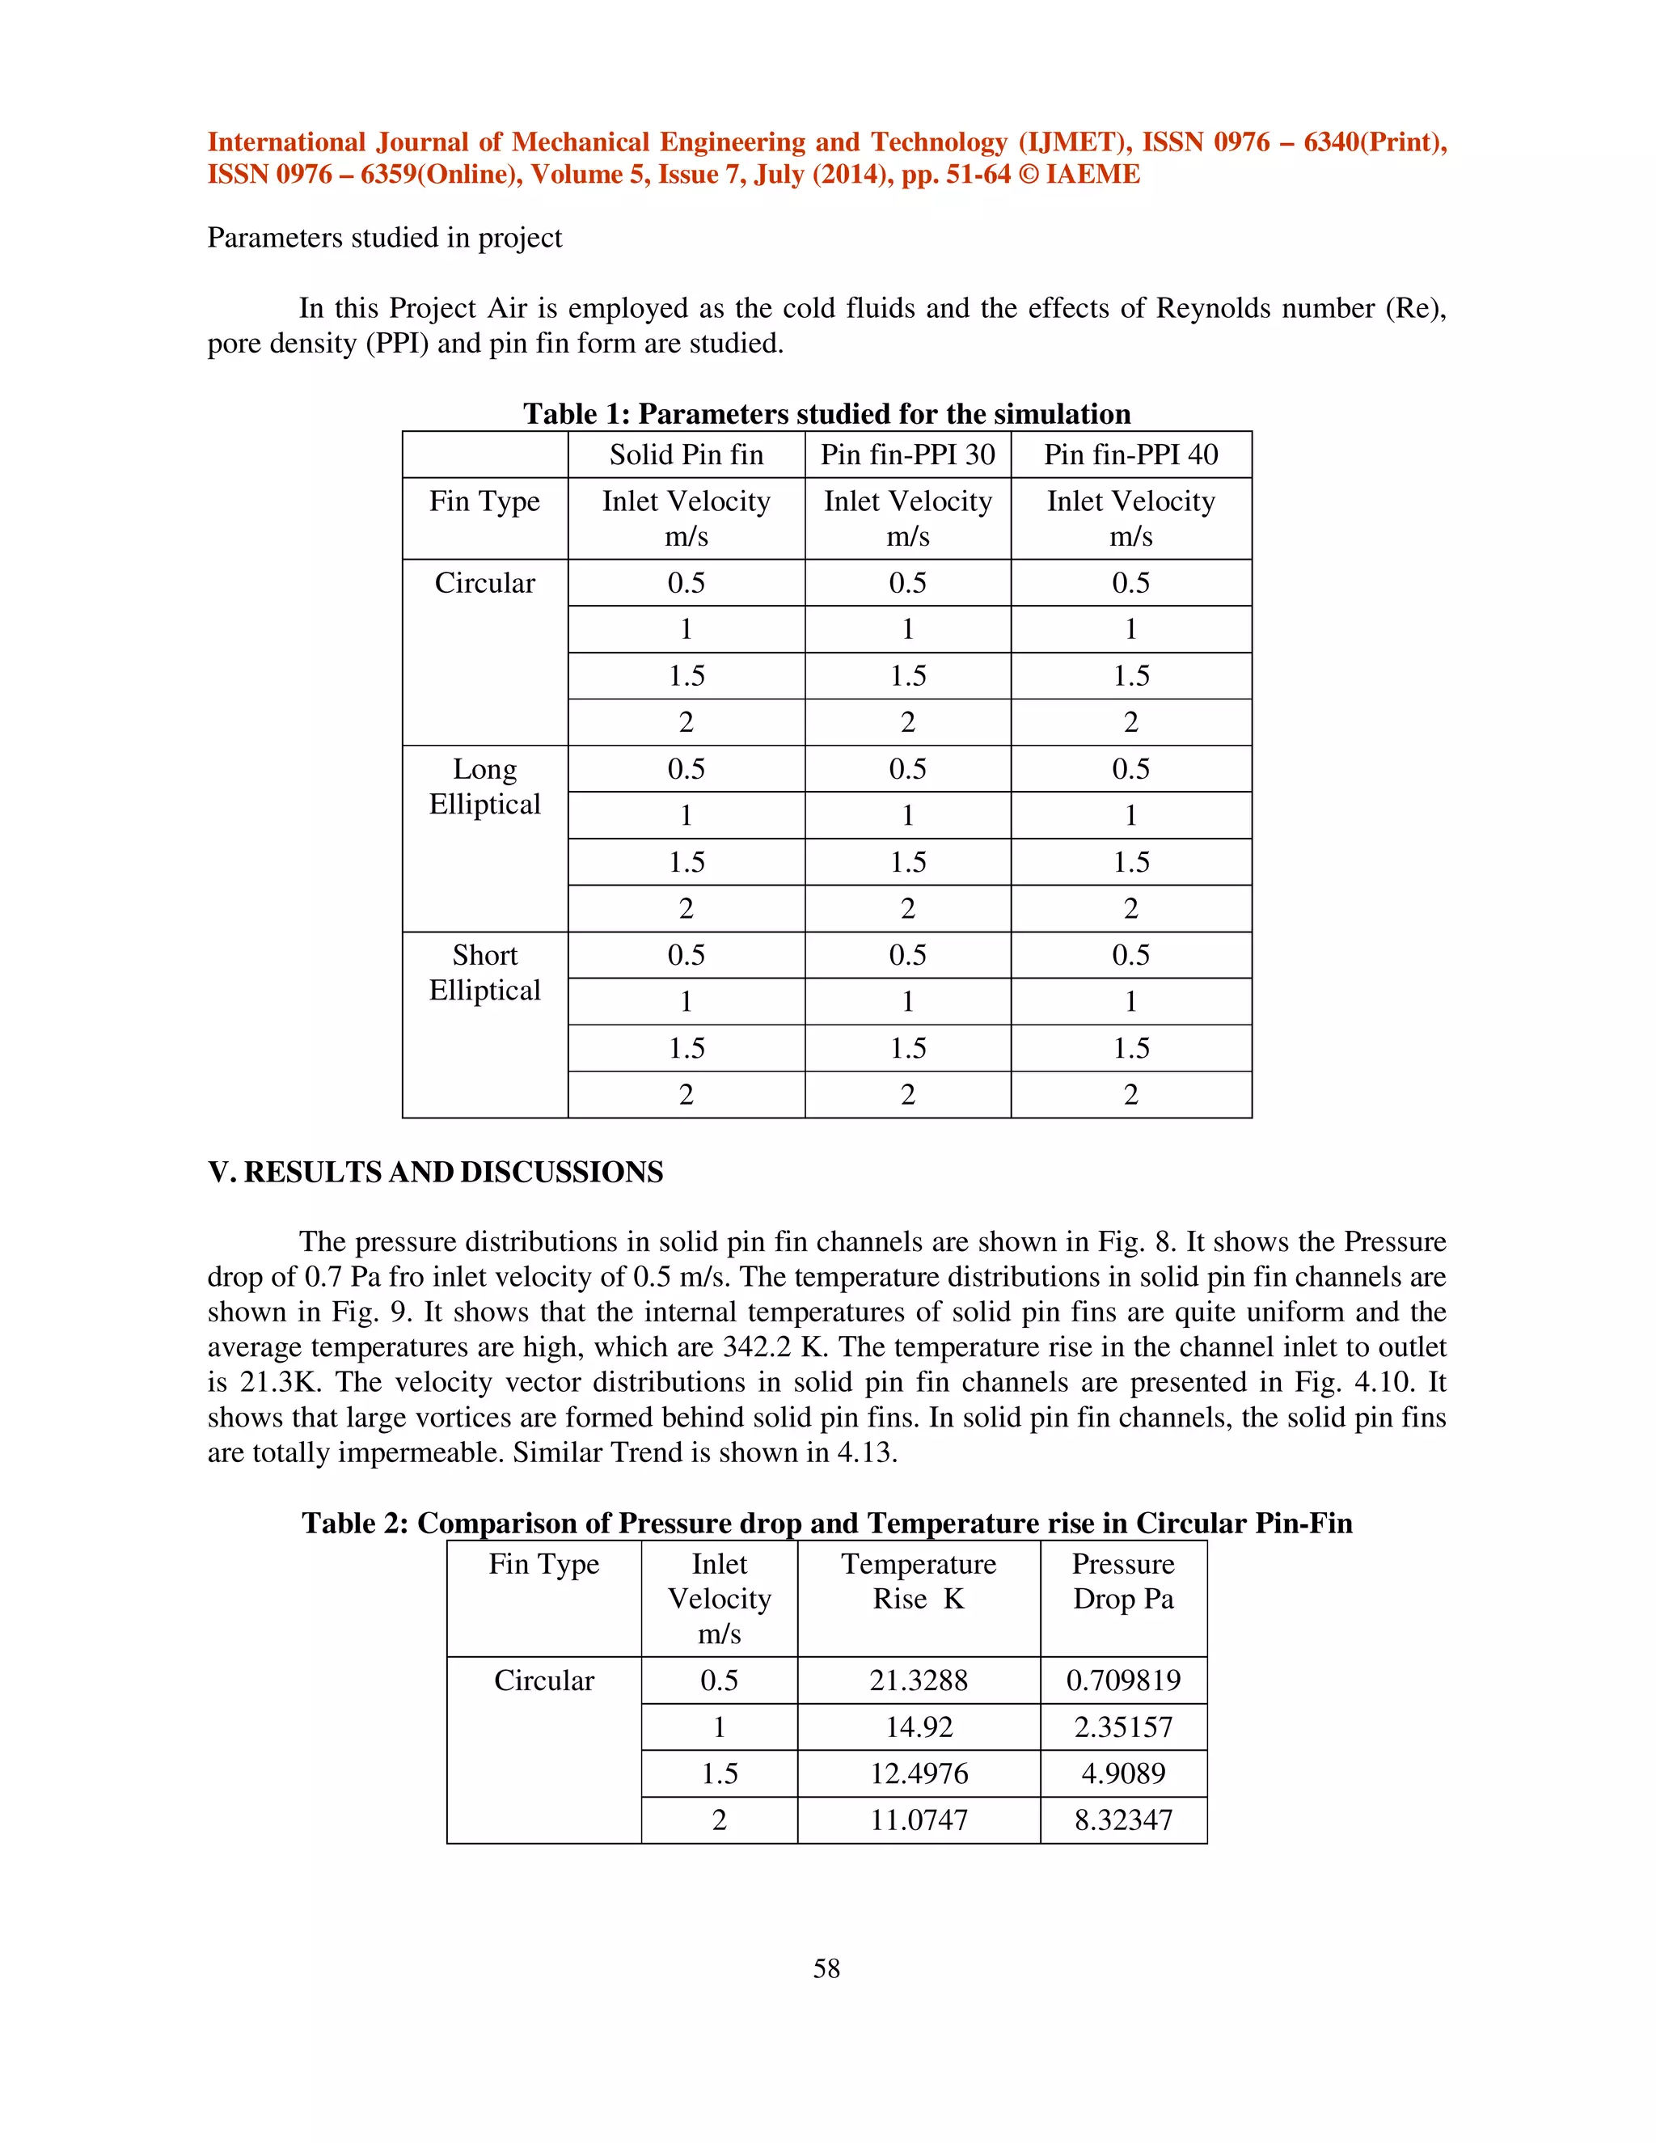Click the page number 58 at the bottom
pos(826,1968)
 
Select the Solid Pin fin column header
pos(686,454)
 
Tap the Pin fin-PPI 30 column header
pos(907,454)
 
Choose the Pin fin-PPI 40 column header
pos(1130,454)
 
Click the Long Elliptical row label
pos(484,786)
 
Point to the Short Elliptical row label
pos(484,972)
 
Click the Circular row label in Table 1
pos(484,583)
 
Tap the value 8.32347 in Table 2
pos(1123,1820)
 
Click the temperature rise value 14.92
pos(919,1727)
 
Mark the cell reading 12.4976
pos(919,1773)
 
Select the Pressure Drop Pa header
pos(1123,1581)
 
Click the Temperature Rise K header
pos(919,1581)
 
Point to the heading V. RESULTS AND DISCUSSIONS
pos(436,1172)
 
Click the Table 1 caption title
pos(826,413)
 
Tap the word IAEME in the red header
pos(1092,175)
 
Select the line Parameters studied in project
pos(385,238)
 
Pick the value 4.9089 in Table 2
pos(1123,1773)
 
